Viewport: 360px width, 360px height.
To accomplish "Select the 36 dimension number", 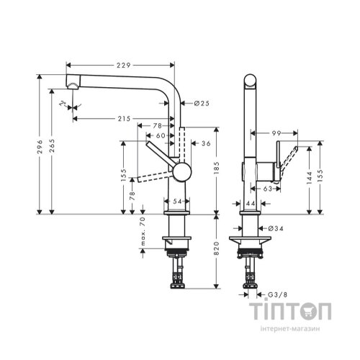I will (206, 143).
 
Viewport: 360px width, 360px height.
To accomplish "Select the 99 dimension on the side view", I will (276, 134).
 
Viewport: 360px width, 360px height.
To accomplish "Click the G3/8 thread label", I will (274, 294).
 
